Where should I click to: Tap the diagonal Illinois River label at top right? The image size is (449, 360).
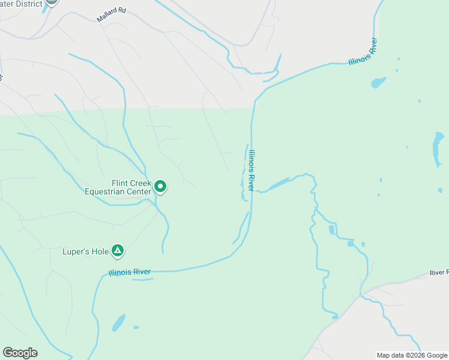pyautogui.click(x=363, y=52)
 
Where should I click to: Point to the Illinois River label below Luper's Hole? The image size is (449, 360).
pyautogui.click(x=130, y=272)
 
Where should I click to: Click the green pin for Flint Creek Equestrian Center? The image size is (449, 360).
pyautogui.click(x=160, y=187)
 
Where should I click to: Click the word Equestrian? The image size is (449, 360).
pyautogui.click(x=107, y=192)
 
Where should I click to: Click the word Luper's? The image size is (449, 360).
pyautogui.click(x=77, y=251)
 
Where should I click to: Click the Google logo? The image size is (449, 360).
pyautogui.click(x=20, y=353)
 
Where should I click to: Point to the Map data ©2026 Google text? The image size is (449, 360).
pyautogui.click(x=412, y=355)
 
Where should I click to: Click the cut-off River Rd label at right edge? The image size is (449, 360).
pyautogui.click(x=439, y=273)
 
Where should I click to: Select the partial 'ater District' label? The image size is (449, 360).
pyautogui.click(x=22, y=4)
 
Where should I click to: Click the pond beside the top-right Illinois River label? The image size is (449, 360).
pyautogui.click(x=378, y=82)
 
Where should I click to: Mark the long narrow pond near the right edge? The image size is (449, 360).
pyautogui.click(x=438, y=149)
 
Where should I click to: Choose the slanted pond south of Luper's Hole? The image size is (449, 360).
pyautogui.click(x=119, y=322)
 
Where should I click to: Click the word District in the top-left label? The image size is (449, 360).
pyautogui.click(x=28, y=4)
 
